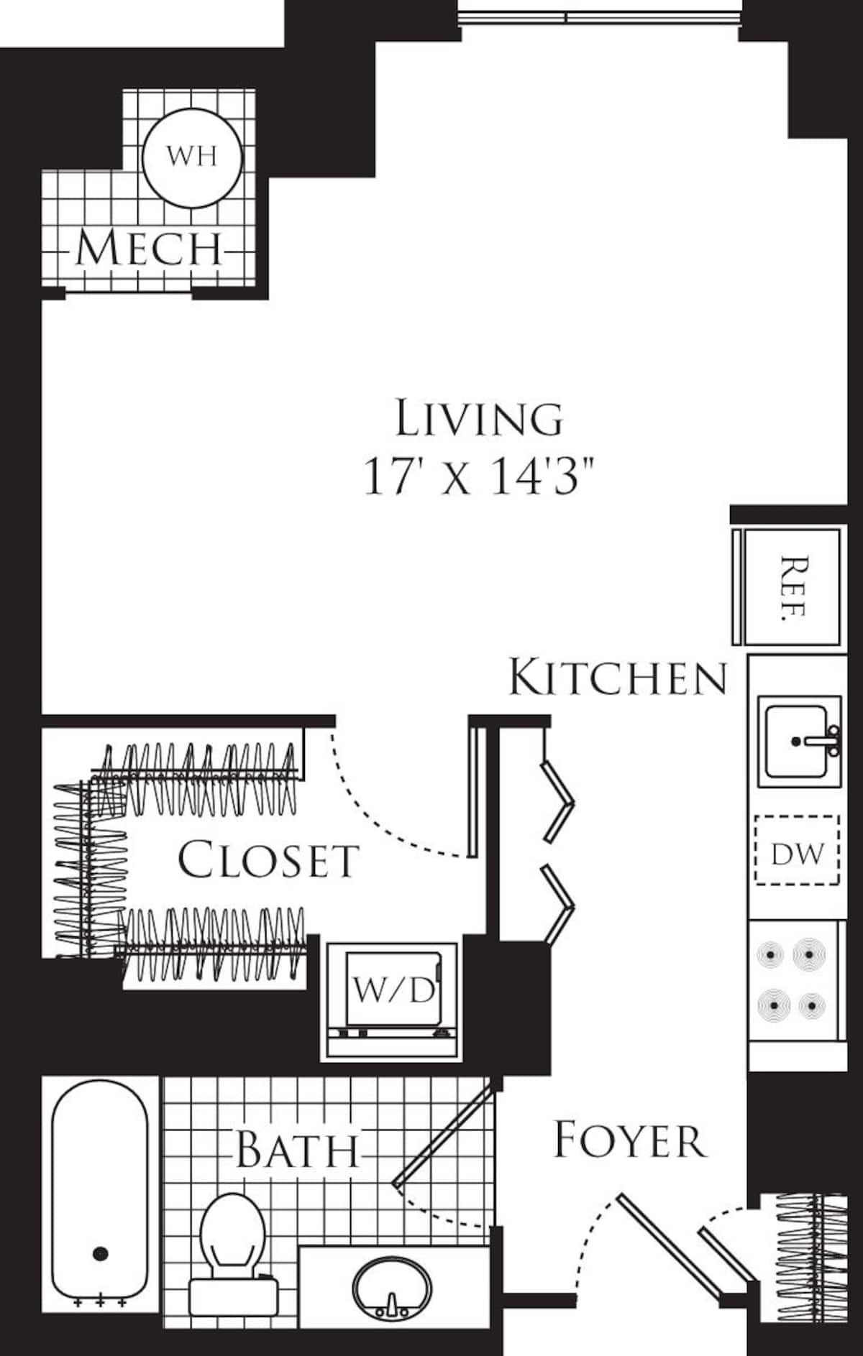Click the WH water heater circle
click(x=191, y=157)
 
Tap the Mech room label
click(x=149, y=249)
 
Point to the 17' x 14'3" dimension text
click(x=480, y=476)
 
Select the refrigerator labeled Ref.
click(x=791, y=587)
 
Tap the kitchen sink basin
click(x=795, y=740)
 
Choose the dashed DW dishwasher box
click(x=797, y=849)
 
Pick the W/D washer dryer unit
click(x=393, y=990)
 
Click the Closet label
click(x=268, y=860)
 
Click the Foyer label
click(x=629, y=1140)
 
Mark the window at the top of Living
click(x=599, y=16)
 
